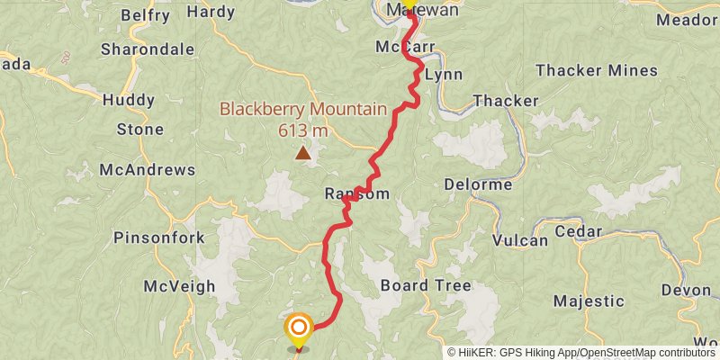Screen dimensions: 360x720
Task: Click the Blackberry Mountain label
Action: [303, 110]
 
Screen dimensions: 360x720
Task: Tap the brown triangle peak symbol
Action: [303, 154]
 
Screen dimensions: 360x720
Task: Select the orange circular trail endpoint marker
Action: [298, 328]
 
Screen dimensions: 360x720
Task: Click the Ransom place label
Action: [357, 194]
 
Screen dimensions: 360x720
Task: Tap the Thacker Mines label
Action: [596, 70]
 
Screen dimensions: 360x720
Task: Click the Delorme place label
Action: [478, 184]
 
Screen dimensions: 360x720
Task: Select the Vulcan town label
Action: [520, 240]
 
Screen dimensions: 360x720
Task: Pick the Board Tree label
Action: [426, 285]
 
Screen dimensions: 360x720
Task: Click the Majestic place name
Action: [589, 301]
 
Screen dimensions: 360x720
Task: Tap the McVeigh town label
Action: [180, 286]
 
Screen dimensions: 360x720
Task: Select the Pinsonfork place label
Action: [159, 238]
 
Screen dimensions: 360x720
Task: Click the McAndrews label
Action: [148, 169]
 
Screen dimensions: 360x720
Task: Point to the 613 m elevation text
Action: [302, 130]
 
